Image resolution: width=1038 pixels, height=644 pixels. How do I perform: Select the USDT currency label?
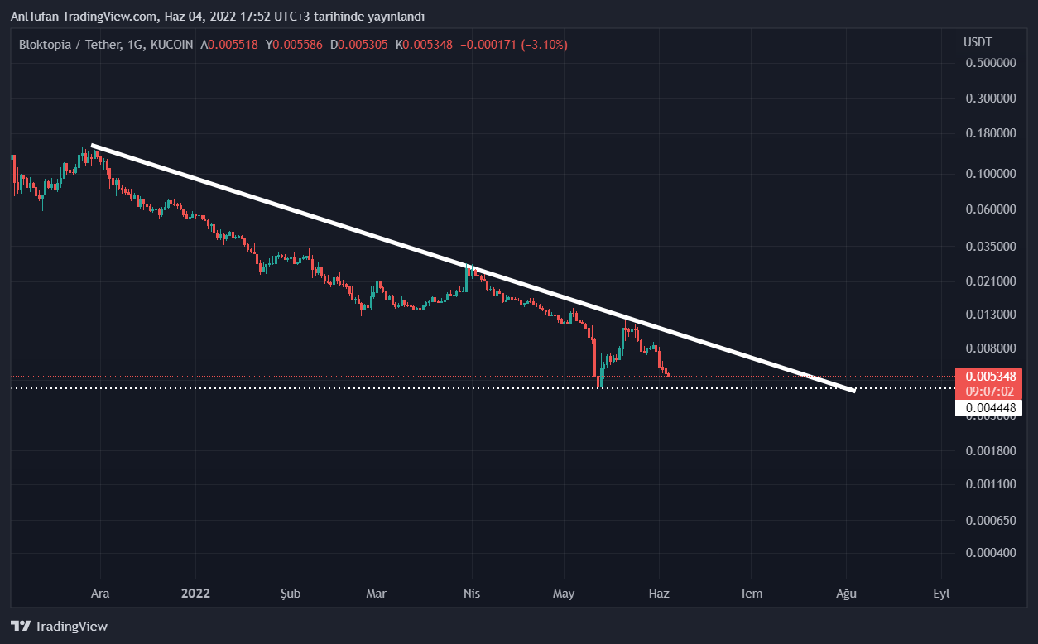978,42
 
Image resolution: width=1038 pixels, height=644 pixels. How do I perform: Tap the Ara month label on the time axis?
99,594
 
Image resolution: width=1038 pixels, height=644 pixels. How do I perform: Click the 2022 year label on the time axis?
196,594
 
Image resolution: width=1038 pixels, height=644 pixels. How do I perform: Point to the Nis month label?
472,594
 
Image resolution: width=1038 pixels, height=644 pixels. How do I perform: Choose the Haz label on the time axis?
659,594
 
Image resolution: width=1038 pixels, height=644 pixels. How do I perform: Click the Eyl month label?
941,594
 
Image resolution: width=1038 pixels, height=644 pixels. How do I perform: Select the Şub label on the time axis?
290,594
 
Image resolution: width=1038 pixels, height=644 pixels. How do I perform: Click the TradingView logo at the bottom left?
59,627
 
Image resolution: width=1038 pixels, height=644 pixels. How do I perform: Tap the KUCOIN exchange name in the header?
172,45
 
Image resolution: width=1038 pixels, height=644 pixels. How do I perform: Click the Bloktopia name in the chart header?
46,45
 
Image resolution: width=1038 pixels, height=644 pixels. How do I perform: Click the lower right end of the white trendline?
853,390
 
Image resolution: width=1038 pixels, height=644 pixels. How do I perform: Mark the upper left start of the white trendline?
93,146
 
